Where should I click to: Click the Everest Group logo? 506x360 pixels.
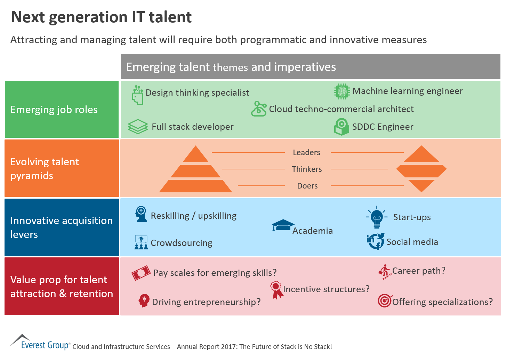(x=40, y=342)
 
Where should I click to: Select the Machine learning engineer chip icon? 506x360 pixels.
(x=342, y=91)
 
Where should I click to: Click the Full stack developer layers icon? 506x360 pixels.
(x=138, y=127)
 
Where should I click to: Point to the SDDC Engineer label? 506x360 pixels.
(x=383, y=127)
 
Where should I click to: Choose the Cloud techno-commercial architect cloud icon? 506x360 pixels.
(x=259, y=109)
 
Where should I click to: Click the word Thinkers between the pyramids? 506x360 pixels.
(x=307, y=169)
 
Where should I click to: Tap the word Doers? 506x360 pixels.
(x=307, y=186)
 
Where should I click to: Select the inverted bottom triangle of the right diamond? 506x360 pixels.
(x=421, y=185)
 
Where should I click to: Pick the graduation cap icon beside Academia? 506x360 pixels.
(x=283, y=225)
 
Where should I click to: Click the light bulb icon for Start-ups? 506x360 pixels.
(x=377, y=217)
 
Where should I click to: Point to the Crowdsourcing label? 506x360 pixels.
(x=181, y=243)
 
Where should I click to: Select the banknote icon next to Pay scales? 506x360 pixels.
(x=141, y=273)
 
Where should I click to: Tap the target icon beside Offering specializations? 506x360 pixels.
(x=385, y=301)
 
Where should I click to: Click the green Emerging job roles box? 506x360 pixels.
(x=62, y=110)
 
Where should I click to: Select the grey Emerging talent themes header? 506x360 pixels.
(x=310, y=67)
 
